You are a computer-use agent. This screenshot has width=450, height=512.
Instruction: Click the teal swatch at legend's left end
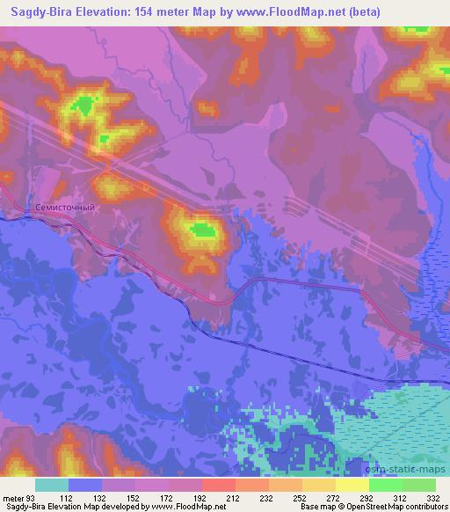pyautogui.click(x=52, y=486)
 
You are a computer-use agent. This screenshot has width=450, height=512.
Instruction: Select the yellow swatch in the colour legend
pyautogui.click(x=352, y=486)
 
